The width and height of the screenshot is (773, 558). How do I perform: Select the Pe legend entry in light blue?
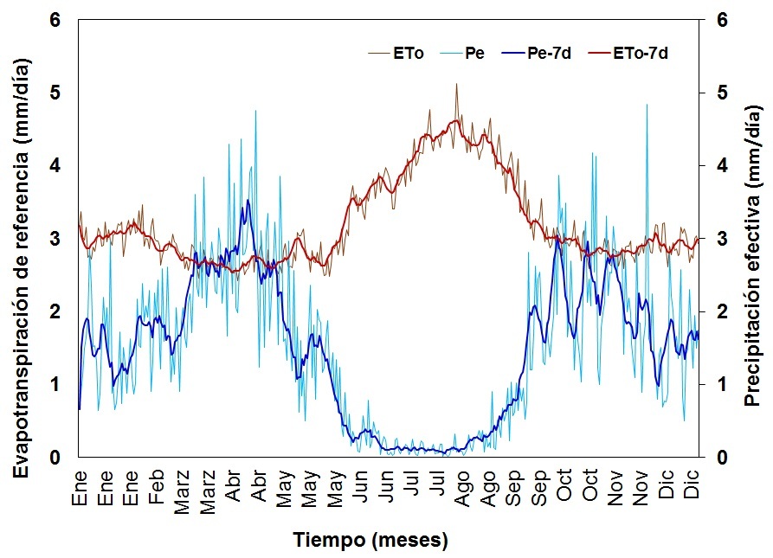[474, 54]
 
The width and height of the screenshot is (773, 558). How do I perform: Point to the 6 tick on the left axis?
[55, 20]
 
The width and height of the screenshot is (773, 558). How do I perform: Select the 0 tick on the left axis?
[55, 458]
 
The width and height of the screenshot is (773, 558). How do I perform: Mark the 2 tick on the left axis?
[55, 311]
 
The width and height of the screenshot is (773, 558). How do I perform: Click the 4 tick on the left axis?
[55, 166]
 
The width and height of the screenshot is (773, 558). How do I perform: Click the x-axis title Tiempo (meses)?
[370, 542]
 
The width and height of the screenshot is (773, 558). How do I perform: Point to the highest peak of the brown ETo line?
[456, 84]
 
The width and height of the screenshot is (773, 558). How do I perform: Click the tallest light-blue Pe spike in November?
[647, 105]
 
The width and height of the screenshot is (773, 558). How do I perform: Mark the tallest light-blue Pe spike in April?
[255, 111]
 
